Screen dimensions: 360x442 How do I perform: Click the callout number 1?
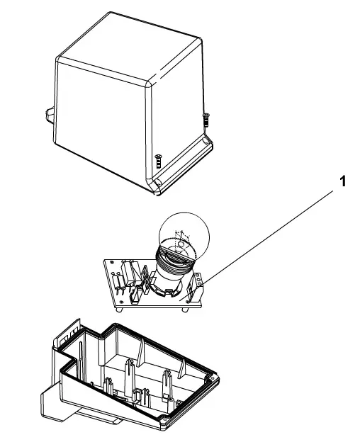[342, 181]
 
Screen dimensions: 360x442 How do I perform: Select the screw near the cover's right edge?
[206, 120]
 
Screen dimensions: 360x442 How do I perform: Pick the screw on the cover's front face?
[159, 161]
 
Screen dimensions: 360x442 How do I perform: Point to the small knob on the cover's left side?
[50, 115]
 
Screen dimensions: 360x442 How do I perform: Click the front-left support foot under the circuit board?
[120, 310]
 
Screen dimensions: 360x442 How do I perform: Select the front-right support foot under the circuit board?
[185, 310]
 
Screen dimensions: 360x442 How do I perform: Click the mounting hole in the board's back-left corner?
[112, 263]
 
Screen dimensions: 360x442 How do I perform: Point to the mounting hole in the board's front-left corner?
[120, 302]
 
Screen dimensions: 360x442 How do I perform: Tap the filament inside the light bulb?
[181, 239]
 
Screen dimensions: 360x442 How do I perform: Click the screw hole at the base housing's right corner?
[212, 378]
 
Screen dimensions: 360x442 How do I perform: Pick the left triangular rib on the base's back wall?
[141, 352]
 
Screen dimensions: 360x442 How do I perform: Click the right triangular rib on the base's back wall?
[182, 369]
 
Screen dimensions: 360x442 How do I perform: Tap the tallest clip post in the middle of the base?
[128, 375]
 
